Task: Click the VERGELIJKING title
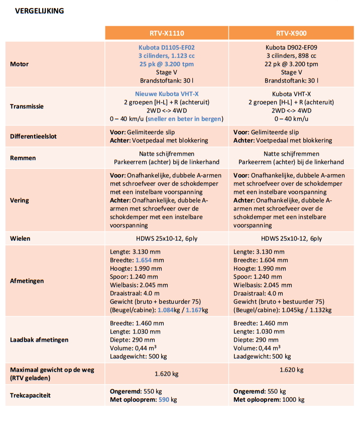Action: pos(40,11)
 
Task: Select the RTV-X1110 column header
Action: pos(167,33)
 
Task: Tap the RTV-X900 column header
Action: pos(291,33)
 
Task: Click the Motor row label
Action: pos(20,64)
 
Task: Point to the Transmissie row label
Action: pos(27,106)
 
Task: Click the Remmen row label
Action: pos(23,158)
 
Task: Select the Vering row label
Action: pos(20,200)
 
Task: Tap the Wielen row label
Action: pos(21,239)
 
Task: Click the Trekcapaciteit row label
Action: pos(30,395)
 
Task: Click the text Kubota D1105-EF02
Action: pos(167,48)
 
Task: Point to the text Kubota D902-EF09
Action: pos(291,48)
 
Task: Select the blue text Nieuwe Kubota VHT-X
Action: pos(167,94)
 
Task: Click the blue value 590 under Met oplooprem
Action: pos(164,400)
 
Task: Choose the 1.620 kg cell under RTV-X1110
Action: pos(167,374)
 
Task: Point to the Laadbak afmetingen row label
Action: pos(39,340)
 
